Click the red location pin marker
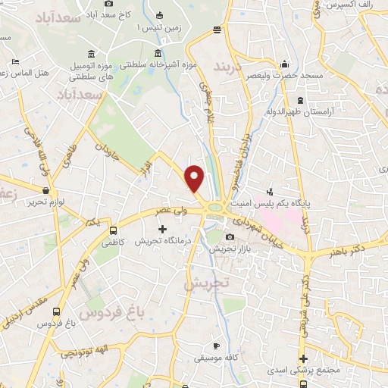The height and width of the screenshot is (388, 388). tap(196, 178)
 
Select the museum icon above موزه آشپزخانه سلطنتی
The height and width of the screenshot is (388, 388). tap(158, 53)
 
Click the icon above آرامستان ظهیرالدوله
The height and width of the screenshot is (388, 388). tap(301, 100)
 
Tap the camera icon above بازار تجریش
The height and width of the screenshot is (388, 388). tap(230, 237)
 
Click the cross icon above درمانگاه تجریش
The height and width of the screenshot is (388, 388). tap(161, 228)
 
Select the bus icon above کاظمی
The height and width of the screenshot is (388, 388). tap(113, 231)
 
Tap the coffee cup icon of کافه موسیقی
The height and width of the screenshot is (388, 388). tap(216, 346)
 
